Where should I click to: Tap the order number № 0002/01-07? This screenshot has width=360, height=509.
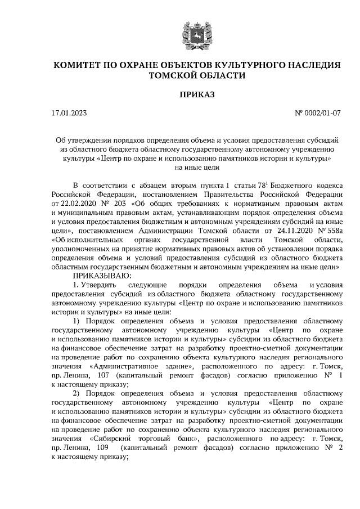[x=318, y=113]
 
